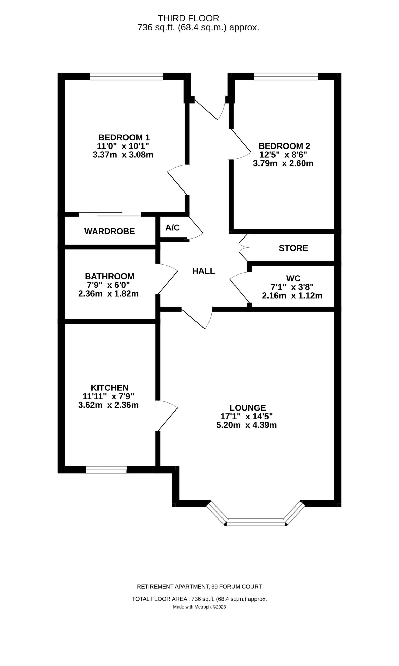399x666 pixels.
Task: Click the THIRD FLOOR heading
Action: (x=188, y=18)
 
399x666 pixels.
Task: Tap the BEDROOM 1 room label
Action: (x=124, y=138)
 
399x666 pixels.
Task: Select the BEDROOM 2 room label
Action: (x=284, y=146)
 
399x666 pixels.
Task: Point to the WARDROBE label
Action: (x=109, y=232)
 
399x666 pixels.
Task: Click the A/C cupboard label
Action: (x=172, y=228)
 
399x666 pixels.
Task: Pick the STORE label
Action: (x=293, y=248)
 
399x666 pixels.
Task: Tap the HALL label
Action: (x=204, y=271)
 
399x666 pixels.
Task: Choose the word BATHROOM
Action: (x=109, y=276)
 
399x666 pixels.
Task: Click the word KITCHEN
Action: (x=109, y=388)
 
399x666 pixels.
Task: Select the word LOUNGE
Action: (x=248, y=408)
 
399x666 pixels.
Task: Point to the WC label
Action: (x=293, y=278)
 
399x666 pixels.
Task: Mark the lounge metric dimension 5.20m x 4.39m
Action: (x=247, y=425)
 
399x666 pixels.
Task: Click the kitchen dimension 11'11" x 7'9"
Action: (x=108, y=396)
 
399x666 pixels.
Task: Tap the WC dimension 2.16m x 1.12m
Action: (x=292, y=296)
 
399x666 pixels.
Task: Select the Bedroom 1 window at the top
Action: (x=127, y=76)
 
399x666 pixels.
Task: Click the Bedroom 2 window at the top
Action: (x=286, y=76)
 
